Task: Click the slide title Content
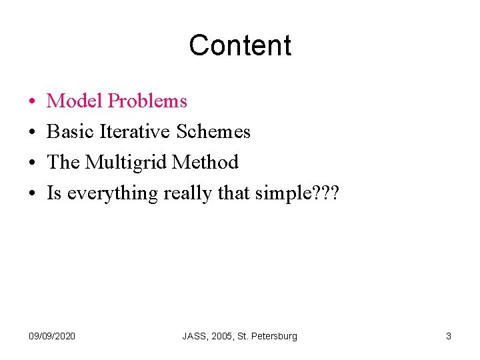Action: (240, 45)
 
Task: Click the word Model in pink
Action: (75, 101)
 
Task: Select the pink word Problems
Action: (147, 101)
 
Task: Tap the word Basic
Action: (71, 132)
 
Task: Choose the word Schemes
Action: (213, 132)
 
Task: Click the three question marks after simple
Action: (326, 193)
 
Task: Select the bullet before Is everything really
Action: (33, 194)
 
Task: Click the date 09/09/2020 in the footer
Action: (53, 336)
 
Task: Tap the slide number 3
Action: (449, 336)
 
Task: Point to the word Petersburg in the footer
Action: (274, 336)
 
